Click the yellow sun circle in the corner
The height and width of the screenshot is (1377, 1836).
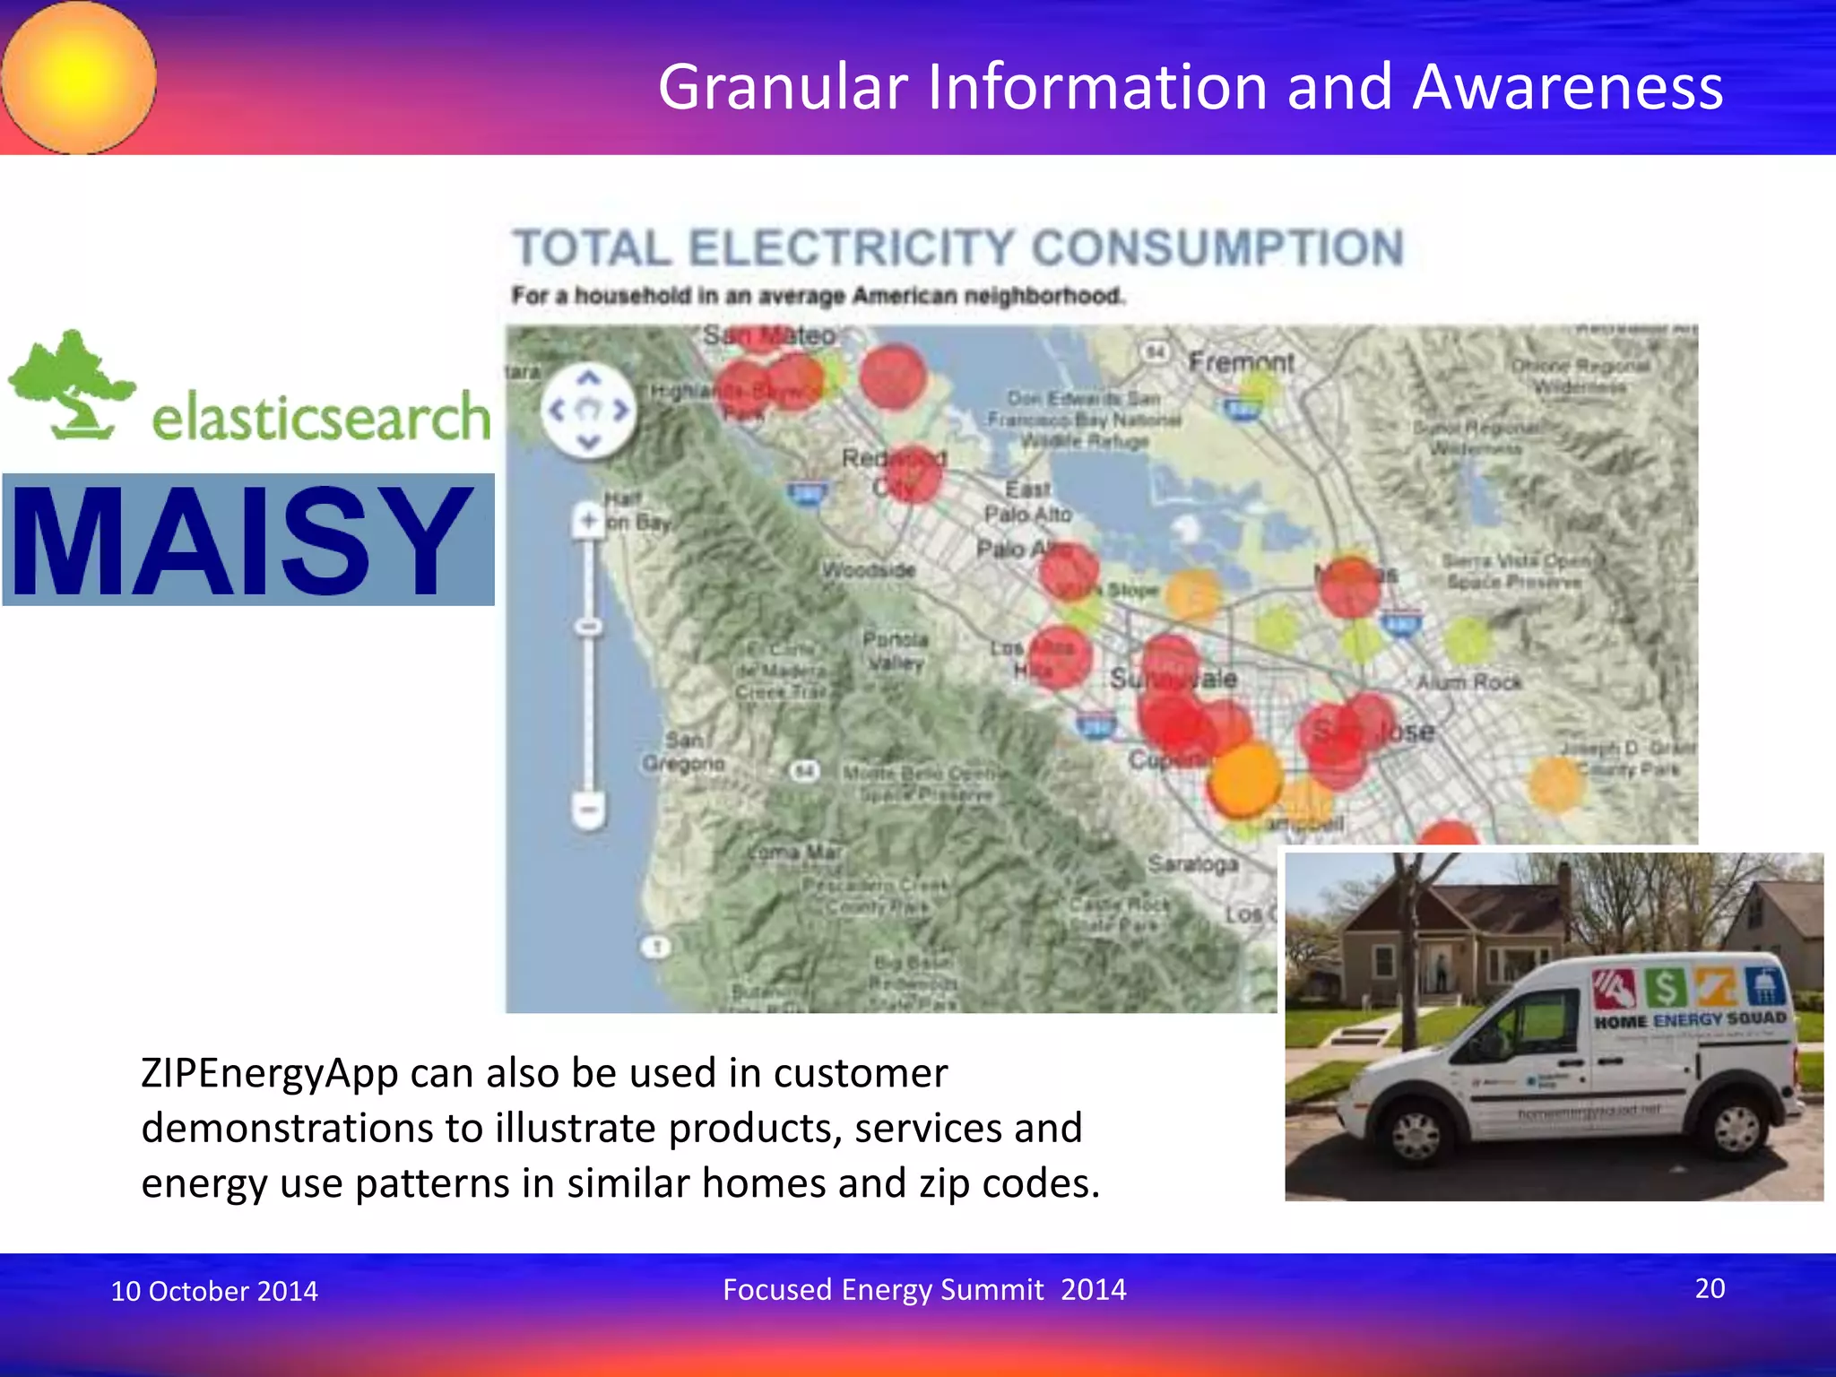[78, 77]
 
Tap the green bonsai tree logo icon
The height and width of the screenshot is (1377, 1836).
[72, 384]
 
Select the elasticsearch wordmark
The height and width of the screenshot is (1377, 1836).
[321, 417]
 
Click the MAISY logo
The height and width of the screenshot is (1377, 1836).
[247, 540]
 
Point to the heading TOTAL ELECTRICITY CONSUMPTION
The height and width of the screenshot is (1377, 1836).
[957, 248]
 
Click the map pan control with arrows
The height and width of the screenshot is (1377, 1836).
[588, 411]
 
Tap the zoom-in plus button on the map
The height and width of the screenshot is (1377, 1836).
[589, 520]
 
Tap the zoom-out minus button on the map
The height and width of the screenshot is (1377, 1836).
[589, 810]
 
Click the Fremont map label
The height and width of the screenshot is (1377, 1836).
[1241, 363]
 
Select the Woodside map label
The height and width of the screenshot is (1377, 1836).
[868, 570]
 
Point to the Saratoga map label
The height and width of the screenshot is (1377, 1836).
[1192, 863]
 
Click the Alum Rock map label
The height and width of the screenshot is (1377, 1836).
[1468, 682]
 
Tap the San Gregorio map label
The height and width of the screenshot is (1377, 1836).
[683, 752]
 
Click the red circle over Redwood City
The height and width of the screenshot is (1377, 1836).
[913, 473]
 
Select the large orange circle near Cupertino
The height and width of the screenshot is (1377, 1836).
[1243, 778]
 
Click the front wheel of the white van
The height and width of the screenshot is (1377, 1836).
[1416, 1133]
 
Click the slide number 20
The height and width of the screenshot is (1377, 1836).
[1710, 1288]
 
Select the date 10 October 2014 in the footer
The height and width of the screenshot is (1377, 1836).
[214, 1291]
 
